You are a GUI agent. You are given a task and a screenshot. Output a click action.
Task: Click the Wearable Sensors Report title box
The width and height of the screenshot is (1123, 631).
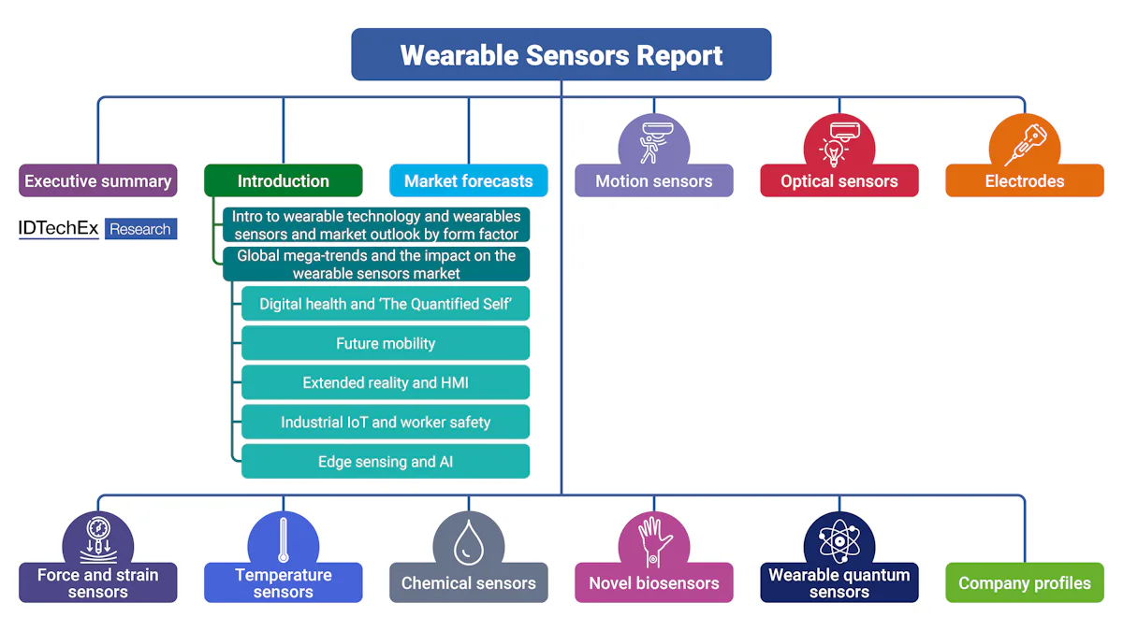point(561,54)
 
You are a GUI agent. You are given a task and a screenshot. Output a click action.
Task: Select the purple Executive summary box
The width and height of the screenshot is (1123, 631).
point(98,180)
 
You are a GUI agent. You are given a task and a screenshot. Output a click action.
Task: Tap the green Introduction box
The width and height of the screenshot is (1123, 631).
point(283,180)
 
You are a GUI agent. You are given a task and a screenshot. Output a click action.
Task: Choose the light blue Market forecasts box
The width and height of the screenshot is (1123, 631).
point(468,180)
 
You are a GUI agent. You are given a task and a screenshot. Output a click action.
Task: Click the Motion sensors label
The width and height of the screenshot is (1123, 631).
point(653,181)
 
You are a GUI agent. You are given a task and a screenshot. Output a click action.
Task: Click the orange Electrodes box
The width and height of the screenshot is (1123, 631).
point(1024,181)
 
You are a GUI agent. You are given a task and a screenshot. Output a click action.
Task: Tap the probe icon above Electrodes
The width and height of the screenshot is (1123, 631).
point(1024,143)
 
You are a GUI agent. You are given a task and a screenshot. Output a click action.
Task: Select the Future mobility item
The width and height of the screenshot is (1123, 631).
point(386,343)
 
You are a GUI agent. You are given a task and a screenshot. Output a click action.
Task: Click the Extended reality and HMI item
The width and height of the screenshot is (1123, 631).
point(386,382)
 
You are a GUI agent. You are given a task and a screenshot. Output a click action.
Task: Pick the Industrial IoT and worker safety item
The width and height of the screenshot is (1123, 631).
point(386,422)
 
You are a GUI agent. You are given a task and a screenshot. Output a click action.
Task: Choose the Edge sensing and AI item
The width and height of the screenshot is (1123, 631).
point(386,461)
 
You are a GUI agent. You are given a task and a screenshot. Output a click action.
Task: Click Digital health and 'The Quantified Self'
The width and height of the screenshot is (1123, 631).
point(386,304)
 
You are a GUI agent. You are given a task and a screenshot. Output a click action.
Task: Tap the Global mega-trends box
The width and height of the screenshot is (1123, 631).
point(376,264)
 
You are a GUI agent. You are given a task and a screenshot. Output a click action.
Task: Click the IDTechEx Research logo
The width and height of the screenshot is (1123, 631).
point(97,229)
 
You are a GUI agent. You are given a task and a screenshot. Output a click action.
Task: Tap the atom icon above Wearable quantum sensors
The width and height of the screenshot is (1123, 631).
point(839,539)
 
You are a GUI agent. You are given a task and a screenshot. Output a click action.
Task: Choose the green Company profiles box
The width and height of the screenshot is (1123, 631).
point(1024,582)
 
